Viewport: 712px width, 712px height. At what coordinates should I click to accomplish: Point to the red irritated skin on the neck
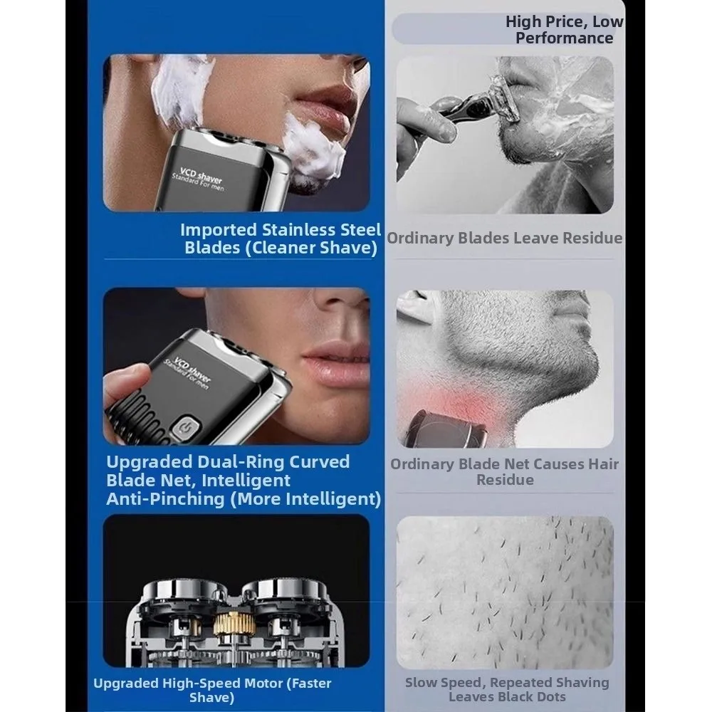459,399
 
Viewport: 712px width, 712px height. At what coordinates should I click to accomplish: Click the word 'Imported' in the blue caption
219,230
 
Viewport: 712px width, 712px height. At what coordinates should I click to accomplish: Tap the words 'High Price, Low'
565,21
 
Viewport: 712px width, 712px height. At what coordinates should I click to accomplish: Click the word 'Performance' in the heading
565,38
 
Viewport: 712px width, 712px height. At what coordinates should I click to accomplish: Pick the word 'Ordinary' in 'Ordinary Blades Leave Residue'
419,238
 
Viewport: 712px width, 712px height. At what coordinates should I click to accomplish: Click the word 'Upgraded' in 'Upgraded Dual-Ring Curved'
150,462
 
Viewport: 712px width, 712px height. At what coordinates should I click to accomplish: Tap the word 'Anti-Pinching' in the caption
165,499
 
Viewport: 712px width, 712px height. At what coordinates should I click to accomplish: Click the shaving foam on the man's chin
313,147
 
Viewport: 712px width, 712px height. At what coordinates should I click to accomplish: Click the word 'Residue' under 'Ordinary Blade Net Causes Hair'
505,480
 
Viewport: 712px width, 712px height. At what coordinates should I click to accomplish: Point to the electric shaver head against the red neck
447,429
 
